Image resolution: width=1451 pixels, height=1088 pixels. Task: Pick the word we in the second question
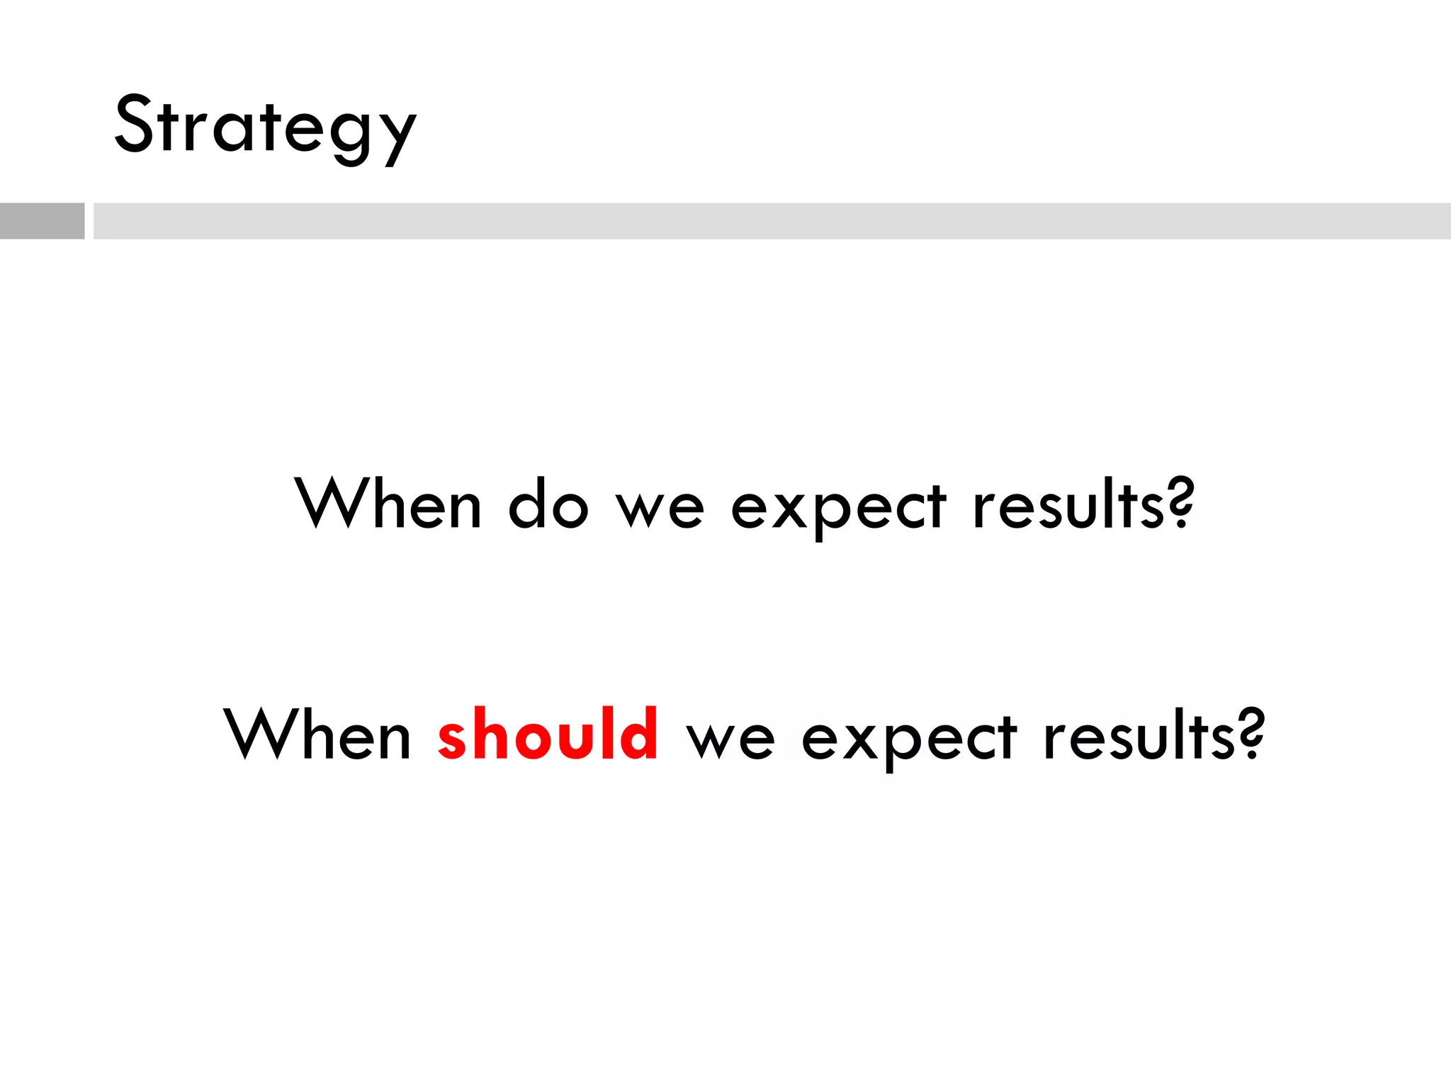tap(730, 739)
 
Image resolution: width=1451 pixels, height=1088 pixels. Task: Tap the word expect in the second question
tap(908, 739)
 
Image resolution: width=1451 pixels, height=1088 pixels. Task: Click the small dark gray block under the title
tap(42, 221)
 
